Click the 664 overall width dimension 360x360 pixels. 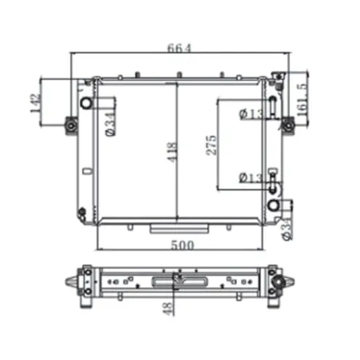click(x=179, y=48)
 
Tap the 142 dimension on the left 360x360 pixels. click(x=36, y=103)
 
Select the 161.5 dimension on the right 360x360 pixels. click(x=302, y=100)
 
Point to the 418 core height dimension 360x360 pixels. click(x=172, y=152)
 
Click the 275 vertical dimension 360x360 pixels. click(x=211, y=145)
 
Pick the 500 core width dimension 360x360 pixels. click(x=182, y=245)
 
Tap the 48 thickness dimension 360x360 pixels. click(x=167, y=309)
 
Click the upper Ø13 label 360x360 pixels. click(x=251, y=114)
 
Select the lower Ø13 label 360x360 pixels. click(x=251, y=178)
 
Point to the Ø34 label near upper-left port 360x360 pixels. click(x=110, y=125)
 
